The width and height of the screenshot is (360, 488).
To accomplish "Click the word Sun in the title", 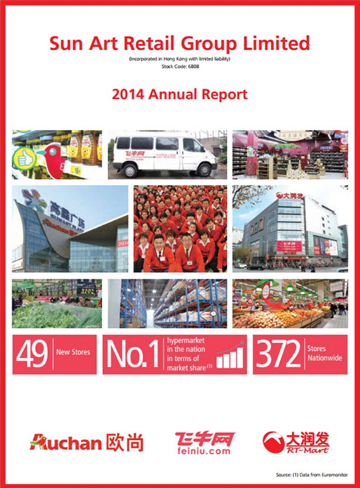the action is pos(68,44).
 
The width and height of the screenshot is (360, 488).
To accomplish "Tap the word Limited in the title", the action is pos(280,44).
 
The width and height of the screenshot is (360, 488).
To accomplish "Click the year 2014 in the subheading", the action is pos(128,94).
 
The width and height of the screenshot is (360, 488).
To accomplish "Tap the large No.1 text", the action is pos(133,355).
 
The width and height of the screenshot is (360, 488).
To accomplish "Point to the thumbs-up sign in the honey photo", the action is pos(25,158).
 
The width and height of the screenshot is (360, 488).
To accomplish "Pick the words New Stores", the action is pos(75,351).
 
